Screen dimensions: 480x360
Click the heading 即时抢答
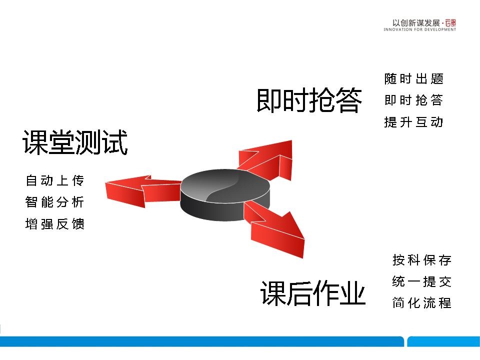pos(309,100)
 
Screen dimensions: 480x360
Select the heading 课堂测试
pos(75,142)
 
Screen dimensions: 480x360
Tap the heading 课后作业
pos(313,293)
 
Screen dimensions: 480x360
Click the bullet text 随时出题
pos(414,78)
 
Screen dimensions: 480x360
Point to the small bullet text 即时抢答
pos(414,100)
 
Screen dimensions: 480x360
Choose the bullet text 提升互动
pos(414,122)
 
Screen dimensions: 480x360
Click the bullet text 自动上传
pos(55,180)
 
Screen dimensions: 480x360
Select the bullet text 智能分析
pos(55,202)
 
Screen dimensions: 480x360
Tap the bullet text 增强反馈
pos(55,224)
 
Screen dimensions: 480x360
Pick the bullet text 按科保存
pos(422,260)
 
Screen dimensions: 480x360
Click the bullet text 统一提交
pos(422,281)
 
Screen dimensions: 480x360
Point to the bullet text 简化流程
pos(422,303)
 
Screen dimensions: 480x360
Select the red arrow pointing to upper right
pos(269,159)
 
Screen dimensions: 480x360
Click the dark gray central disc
pos(225,195)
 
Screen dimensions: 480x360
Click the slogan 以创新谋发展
pos(416,23)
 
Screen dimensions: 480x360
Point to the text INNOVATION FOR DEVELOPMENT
pos(419,29)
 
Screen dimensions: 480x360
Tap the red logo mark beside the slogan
pos(450,23)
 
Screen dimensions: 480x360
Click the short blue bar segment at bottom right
pos(443,341)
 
